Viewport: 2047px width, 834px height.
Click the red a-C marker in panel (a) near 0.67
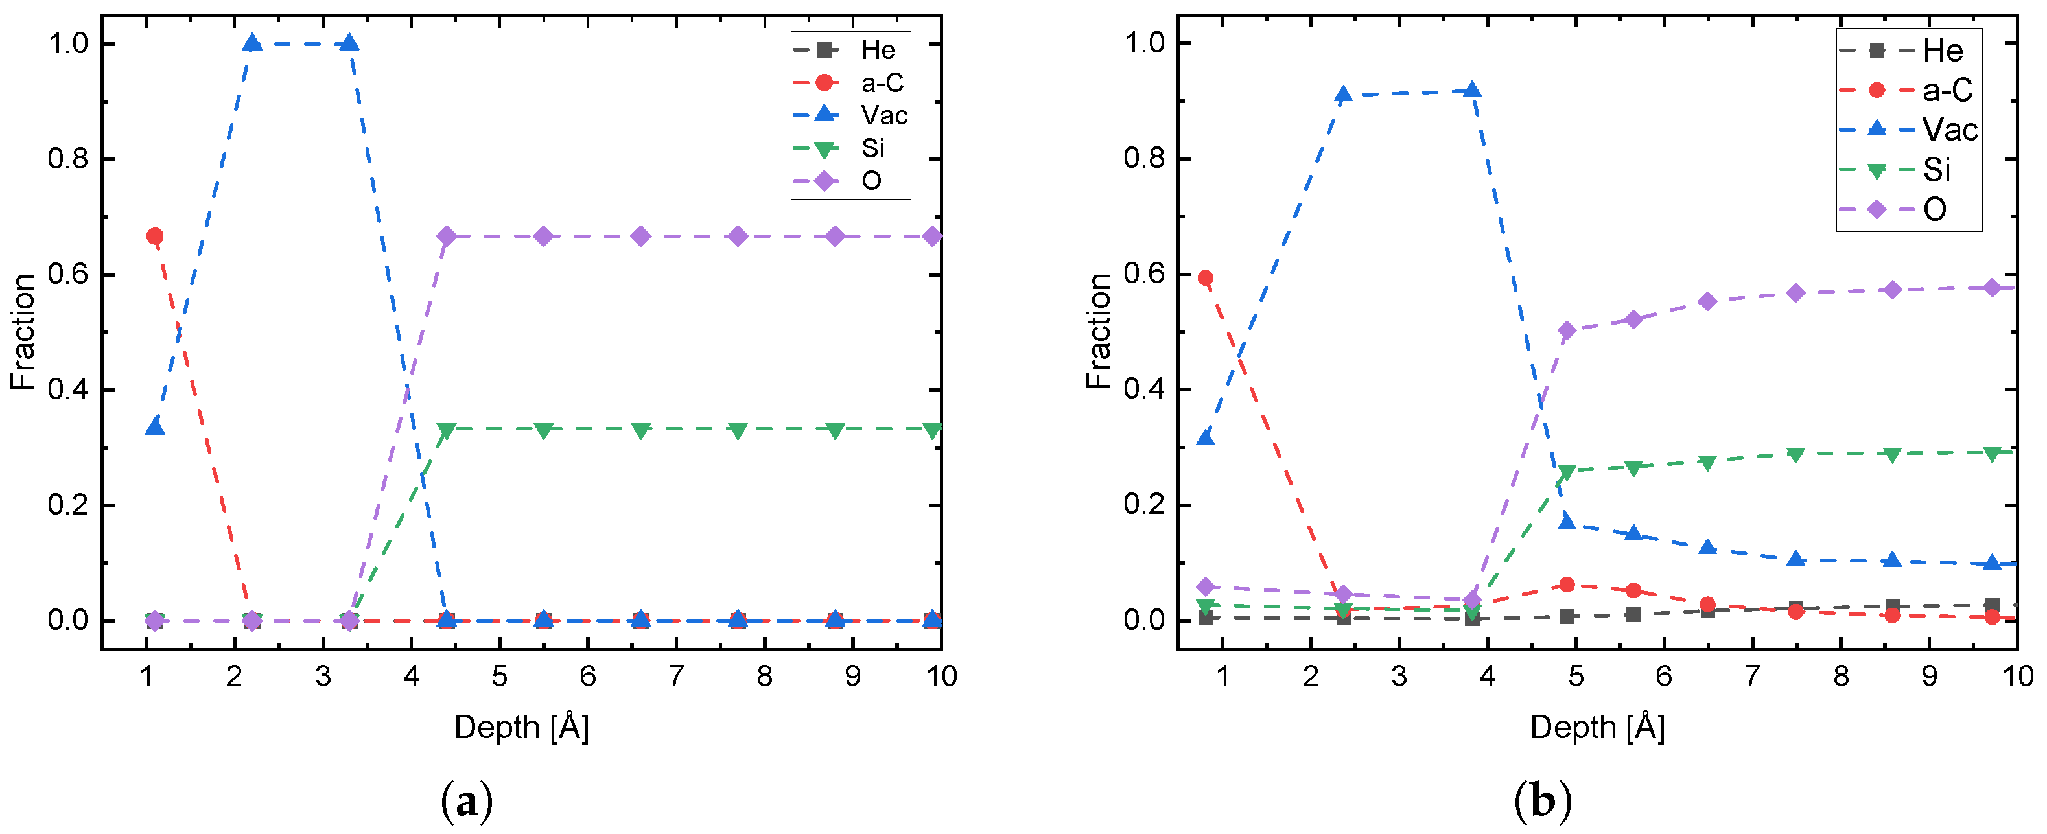click(x=155, y=236)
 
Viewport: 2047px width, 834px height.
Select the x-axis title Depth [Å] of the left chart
click(x=521, y=727)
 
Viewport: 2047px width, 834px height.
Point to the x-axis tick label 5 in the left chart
click(x=499, y=677)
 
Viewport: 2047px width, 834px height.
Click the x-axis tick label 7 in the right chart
click(x=1752, y=677)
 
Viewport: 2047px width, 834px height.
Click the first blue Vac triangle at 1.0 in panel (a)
click(x=252, y=43)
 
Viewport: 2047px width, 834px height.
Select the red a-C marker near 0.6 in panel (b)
click(x=1206, y=278)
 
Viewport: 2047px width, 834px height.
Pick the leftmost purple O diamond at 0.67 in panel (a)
click(x=447, y=236)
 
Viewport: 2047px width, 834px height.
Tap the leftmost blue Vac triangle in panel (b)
click(x=1206, y=437)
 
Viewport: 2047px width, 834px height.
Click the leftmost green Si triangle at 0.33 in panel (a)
click(x=447, y=430)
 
